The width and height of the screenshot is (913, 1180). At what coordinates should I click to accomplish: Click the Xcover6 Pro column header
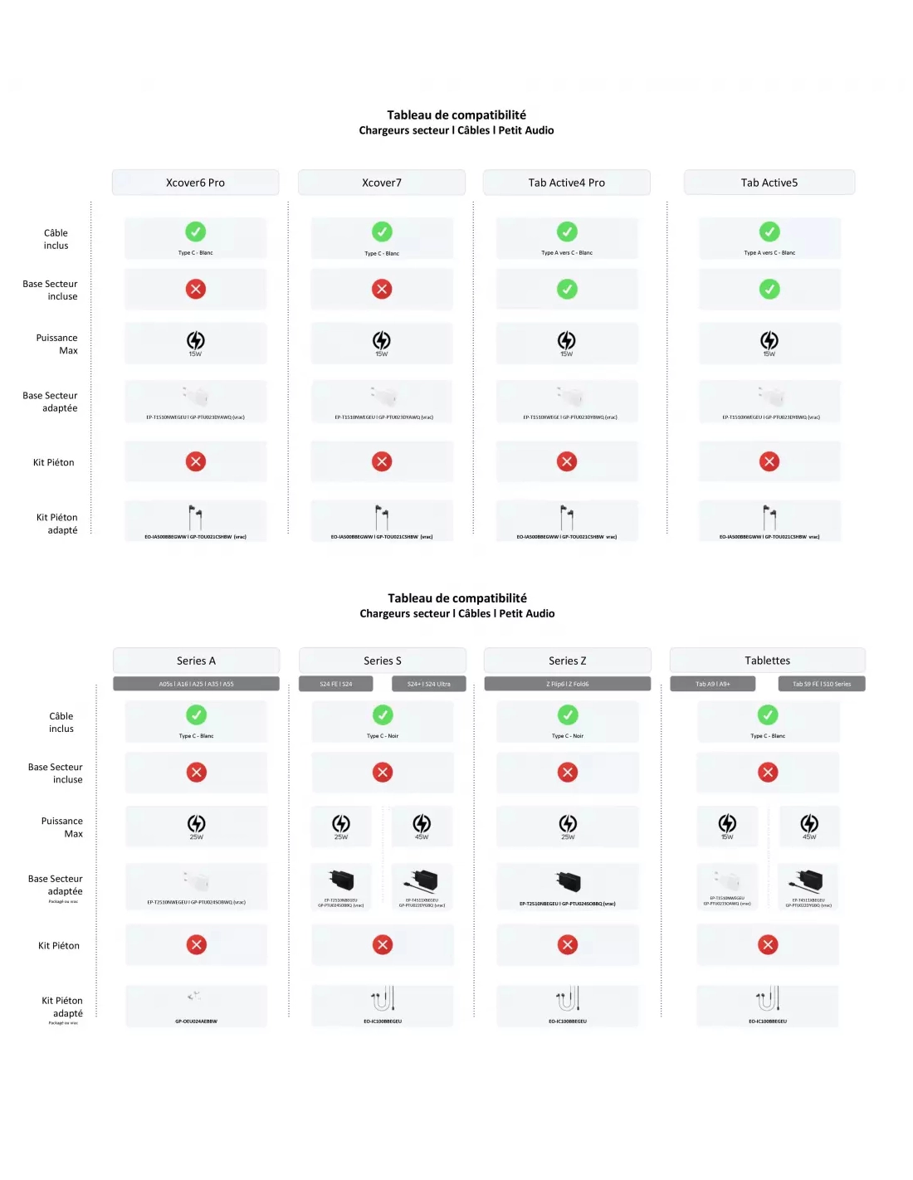[195, 183]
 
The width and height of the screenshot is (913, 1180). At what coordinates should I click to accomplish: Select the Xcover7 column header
[382, 183]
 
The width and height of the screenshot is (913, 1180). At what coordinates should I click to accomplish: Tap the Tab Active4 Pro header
[567, 183]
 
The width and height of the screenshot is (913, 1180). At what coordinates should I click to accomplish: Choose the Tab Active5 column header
[769, 183]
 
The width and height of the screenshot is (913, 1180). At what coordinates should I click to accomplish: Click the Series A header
[196, 661]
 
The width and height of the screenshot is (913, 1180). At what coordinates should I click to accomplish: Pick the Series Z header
[568, 661]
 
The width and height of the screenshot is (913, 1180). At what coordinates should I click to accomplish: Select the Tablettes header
[768, 661]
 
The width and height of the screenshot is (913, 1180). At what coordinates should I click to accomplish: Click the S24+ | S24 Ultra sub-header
[428, 684]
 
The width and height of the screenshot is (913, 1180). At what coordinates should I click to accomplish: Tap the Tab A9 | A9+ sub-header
[713, 684]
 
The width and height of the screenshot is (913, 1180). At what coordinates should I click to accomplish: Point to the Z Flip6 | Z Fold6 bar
[568, 684]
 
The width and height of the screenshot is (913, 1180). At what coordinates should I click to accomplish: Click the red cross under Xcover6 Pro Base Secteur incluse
[196, 289]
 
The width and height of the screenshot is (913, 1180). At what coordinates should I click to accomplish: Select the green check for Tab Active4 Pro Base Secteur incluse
[567, 289]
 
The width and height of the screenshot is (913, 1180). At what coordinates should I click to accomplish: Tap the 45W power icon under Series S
[422, 823]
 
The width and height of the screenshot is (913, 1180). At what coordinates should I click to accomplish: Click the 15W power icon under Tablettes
[727, 823]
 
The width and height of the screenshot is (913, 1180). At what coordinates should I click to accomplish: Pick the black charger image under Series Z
[568, 880]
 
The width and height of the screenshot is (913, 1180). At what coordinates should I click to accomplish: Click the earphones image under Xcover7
[382, 518]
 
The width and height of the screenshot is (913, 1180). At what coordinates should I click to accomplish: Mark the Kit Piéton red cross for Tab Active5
[769, 461]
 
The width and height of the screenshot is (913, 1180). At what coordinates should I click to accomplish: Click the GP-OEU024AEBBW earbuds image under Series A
[195, 996]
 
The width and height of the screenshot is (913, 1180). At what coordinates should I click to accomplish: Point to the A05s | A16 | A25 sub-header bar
[196, 684]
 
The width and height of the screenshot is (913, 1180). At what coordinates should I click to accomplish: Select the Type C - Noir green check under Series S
[383, 714]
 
